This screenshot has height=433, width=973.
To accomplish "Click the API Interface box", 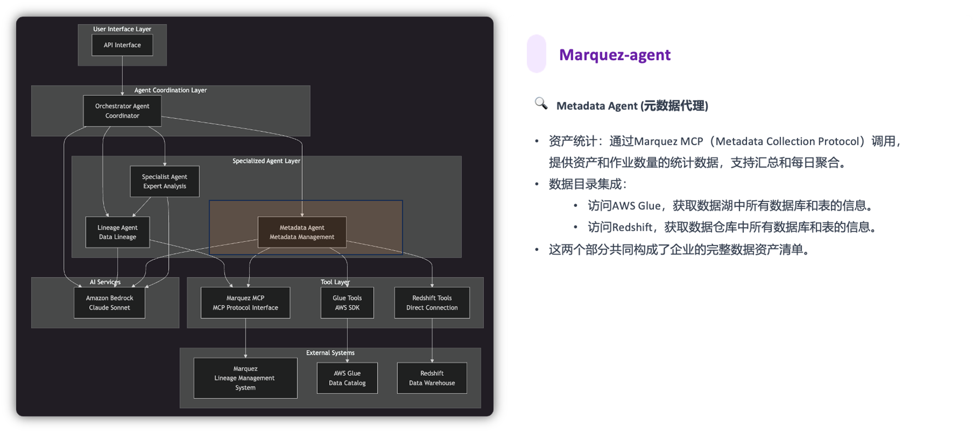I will tap(122, 45).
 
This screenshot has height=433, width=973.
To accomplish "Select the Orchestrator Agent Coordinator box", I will tap(122, 111).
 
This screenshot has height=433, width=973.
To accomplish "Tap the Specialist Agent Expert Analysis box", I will tap(165, 182).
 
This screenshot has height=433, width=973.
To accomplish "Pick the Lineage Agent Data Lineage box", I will tap(118, 232).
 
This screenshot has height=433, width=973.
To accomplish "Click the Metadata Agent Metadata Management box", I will tap(302, 232).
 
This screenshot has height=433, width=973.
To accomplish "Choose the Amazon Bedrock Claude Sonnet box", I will tap(109, 303).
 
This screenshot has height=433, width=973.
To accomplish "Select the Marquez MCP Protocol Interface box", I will tap(245, 303).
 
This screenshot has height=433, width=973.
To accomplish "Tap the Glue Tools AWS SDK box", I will tap(347, 303).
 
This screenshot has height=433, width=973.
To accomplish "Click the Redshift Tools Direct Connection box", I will tap(432, 303).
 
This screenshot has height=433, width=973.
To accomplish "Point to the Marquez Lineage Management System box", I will tap(245, 378).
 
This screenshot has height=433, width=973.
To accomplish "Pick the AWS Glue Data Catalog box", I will tap(347, 378).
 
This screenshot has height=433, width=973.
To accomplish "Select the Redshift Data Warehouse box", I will tap(432, 378).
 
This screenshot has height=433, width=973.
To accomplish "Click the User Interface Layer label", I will tap(122, 29).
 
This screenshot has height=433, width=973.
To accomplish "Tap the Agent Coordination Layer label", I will tap(170, 90).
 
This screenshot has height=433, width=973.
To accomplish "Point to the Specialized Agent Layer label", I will tap(266, 161).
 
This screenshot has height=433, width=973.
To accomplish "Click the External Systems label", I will tap(330, 353).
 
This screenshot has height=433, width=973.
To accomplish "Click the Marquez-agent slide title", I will tap(614, 55).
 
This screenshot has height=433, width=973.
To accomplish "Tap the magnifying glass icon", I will tap(541, 104).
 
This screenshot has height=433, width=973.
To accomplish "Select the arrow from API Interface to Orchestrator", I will tap(122, 73).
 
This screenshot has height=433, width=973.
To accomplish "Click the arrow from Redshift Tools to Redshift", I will tap(432, 340).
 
